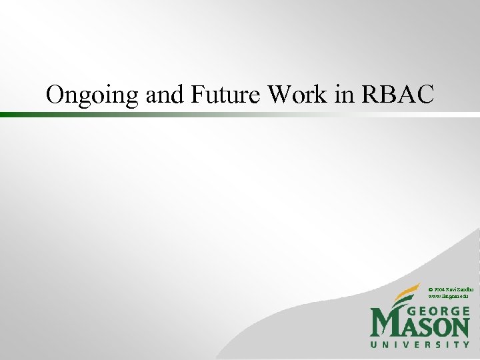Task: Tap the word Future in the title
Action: point(226,95)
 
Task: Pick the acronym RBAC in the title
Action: point(397,95)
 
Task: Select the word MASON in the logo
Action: point(420,327)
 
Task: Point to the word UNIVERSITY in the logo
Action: point(420,345)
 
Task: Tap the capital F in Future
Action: point(198,95)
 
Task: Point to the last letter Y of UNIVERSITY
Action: point(466,345)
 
